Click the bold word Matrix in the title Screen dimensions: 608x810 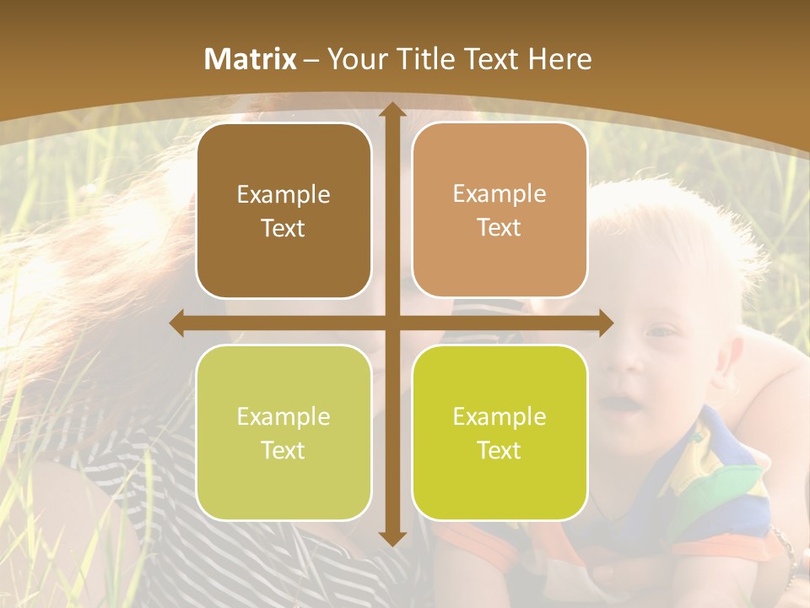click(x=251, y=59)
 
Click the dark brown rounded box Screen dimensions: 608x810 click(x=283, y=210)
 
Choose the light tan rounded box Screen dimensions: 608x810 click(x=499, y=210)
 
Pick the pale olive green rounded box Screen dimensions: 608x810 click(x=283, y=432)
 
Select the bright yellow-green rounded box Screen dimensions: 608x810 click(x=499, y=432)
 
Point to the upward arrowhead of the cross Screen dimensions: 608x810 click(x=391, y=110)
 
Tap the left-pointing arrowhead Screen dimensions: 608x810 click(x=176, y=323)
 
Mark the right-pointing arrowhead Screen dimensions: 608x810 click(x=607, y=323)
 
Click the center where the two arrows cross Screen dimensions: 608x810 click(x=391, y=323)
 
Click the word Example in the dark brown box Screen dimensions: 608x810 click(x=283, y=195)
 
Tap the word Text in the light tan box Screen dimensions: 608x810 click(x=499, y=228)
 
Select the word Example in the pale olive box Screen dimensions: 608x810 click(x=283, y=417)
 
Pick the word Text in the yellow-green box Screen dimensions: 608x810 click(x=499, y=450)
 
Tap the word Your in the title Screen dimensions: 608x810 click(x=354, y=59)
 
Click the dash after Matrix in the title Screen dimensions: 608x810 click(x=311, y=60)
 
